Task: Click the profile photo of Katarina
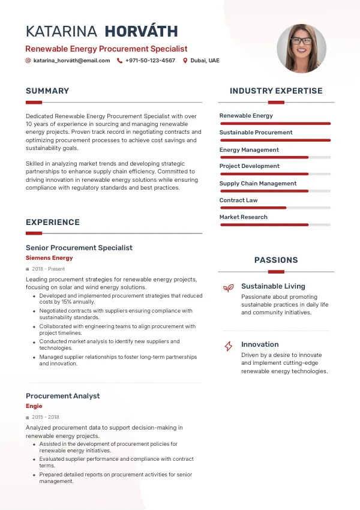pos(301,49)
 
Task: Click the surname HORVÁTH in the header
pos(141,32)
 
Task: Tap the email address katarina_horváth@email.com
pos(71,61)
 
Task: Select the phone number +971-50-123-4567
pos(150,61)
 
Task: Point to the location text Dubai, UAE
pos(205,61)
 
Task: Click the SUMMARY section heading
pos(47,91)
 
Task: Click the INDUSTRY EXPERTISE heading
pos(276,91)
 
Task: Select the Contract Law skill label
pos(238,200)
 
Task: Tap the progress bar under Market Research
pos(275,225)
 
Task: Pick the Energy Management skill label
pos(249,150)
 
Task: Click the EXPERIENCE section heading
pos(53,223)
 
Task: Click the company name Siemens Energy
pos(49,258)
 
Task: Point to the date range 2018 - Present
pos(48,269)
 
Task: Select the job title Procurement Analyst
pos(62,396)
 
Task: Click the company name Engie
pos(34,406)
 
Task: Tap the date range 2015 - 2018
pos(46,417)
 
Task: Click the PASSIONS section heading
pos(276,260)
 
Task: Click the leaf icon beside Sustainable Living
pos(228,288)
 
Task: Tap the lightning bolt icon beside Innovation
pos(228,346)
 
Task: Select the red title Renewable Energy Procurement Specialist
pos(106,49)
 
